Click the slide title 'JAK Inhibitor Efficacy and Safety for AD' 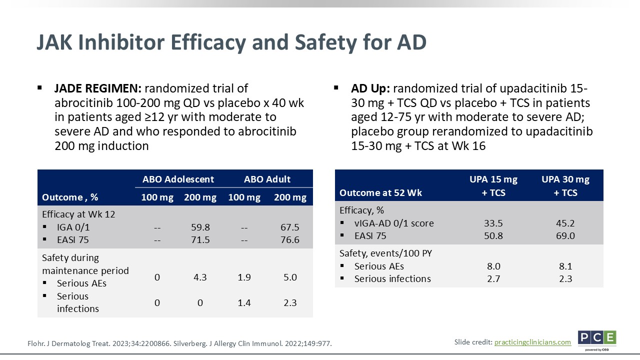coord(231,42)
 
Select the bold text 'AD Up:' coord(370,88)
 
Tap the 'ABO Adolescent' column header coord(178,179)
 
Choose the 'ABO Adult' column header coord(267,179)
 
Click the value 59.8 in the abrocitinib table coord(200,227)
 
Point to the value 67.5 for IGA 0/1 coord(290,227)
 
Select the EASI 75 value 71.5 coord(200,239)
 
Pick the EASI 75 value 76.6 coord(290,239)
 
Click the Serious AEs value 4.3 coord(200,277)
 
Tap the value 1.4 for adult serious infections coord(244,302)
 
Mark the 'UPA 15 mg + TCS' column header coord(493,185)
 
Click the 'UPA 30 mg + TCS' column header coord(565,185)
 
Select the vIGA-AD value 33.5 coord(493,223)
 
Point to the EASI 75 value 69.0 coord(565,235)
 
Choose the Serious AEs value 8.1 coord(565,266)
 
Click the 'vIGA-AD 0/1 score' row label coord(394,223)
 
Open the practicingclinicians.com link coord(532,342)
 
